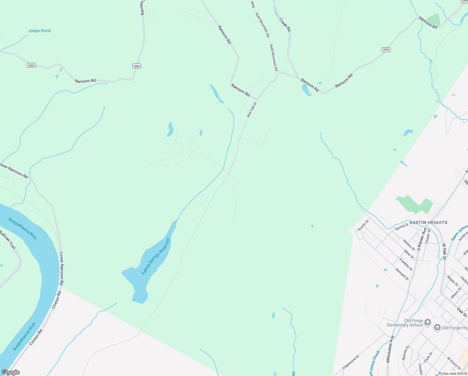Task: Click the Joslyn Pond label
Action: [39, 31]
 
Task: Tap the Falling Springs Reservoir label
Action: [156, 257]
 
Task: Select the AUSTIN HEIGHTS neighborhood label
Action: [428, 222]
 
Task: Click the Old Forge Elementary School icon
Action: [428, 322]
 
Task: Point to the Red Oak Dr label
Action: [252, 109]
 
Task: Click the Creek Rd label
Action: [285, 25]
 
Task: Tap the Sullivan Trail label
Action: [8, 240]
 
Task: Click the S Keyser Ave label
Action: [422, 239]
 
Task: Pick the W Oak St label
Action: [444, 252]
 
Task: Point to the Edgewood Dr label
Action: [351, 362]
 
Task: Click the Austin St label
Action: [363, 225]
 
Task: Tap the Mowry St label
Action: [409, 245]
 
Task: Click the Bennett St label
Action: [402, 274]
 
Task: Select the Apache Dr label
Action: [405, 352]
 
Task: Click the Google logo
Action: [11, 372]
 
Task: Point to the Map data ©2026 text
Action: [455, 373]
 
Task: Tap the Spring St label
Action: [402, 227]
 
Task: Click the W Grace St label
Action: [454, 363]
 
